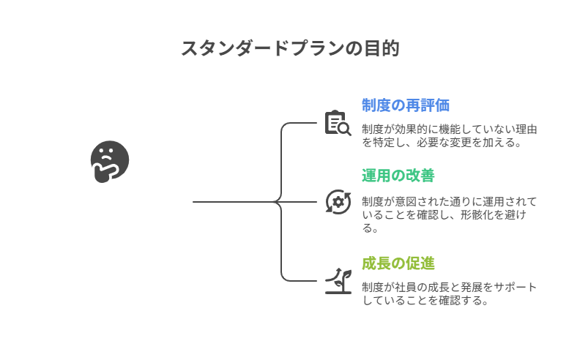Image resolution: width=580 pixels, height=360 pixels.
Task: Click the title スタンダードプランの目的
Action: tap(290, 48)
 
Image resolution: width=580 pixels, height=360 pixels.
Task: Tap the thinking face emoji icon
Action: tap(109, 162)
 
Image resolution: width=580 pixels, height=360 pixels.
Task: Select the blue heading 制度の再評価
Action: tap(405, 105)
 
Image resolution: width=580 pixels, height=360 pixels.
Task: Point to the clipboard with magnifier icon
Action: tap(337, 123)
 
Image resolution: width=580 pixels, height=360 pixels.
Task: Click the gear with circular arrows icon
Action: tap(338, 202)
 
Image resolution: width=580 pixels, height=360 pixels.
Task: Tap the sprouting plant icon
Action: tap(338, 280)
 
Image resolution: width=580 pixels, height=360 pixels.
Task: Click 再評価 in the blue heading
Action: tap(427, 105)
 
